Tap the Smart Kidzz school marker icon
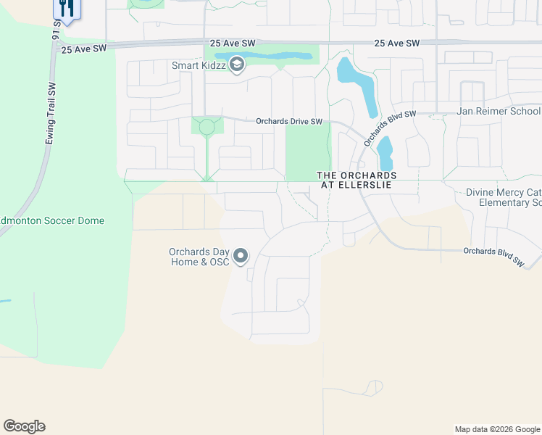[x=235, y=66]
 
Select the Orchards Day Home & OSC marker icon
[x=241, y=257]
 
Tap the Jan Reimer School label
[x=498, y=111]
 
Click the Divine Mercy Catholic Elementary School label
[x=504, y=197]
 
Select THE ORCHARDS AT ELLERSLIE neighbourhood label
[x=357, y=181]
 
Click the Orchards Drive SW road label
[x=288, y=122]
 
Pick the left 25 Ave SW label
[x=84, y=49]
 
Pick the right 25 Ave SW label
[x=397, y=43]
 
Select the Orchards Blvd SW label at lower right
[x=493, y=257]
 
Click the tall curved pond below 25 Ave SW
[x=358, y=84]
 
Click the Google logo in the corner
[x=24, y=426]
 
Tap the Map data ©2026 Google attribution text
[x=497, y=429]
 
